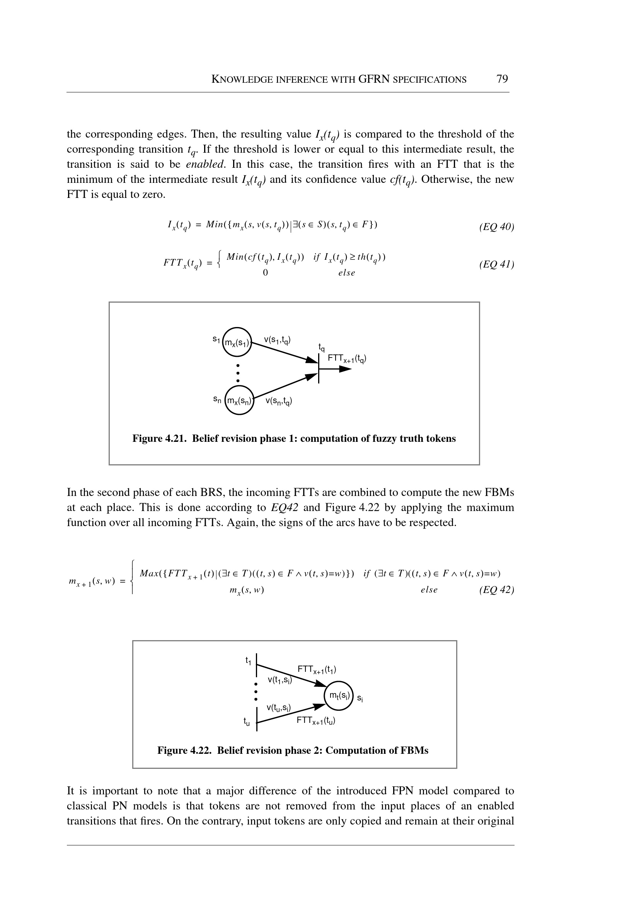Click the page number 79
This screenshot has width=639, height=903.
click(502, 79)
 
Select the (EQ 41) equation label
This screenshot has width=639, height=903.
click(497, 264)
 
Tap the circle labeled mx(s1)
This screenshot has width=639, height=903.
click(237, 342)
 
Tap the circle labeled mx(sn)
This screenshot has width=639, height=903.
click(239, 401)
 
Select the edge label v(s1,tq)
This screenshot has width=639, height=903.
click(277, 339)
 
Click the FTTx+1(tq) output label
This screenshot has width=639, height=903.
click(347, 359)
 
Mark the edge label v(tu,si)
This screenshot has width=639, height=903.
click(278, 708)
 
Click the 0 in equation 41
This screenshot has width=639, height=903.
click(265, 272)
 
